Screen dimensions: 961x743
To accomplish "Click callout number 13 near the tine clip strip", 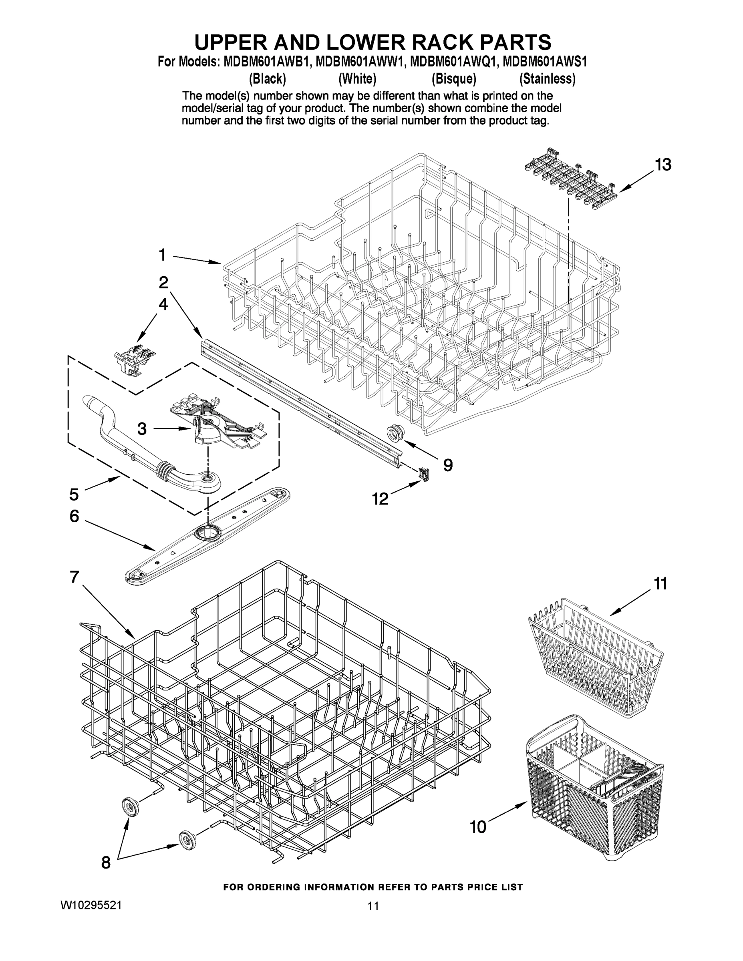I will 662,165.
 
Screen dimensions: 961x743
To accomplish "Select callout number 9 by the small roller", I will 448,465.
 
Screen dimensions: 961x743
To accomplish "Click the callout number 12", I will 380,499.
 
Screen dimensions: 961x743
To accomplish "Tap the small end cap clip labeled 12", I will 424,474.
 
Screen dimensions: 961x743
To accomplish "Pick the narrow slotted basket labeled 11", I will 594,658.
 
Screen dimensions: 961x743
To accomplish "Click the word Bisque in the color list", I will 454,79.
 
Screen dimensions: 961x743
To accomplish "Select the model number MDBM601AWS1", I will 545,62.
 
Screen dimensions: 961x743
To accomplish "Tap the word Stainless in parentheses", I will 547,79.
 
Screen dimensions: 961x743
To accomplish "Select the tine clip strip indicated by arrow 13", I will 569,181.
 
